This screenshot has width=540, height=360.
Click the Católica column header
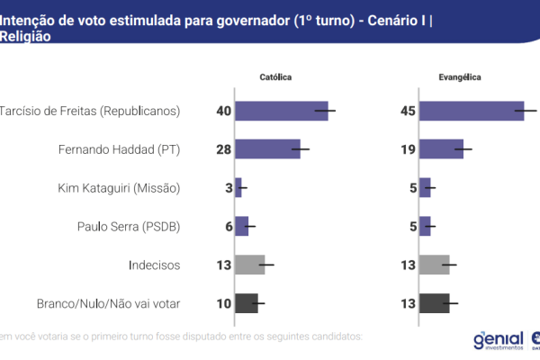[x=275, y=78]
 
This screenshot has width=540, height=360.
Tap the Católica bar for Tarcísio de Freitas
[x=281, y=111]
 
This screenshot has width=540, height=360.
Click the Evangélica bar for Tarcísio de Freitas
[x=472, y=111]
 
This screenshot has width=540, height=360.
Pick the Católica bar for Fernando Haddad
[x=266, y=149]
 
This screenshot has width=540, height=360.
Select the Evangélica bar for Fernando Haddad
[x=441, y=149]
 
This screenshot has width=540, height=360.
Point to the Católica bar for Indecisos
[x=249, y=265]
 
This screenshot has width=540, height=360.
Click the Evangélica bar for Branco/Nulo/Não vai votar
[x=435, y=303]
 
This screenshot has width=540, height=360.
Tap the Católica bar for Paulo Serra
[x=241, y=226]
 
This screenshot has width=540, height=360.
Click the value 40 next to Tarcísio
[x=223, y=112]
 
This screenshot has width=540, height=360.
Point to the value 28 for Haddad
[x=223, y=149]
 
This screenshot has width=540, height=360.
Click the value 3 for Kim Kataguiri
[x=228, y=188]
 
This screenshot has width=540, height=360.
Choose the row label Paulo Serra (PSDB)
[x=129, y=227]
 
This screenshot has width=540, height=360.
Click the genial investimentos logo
[x=497, y=339]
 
